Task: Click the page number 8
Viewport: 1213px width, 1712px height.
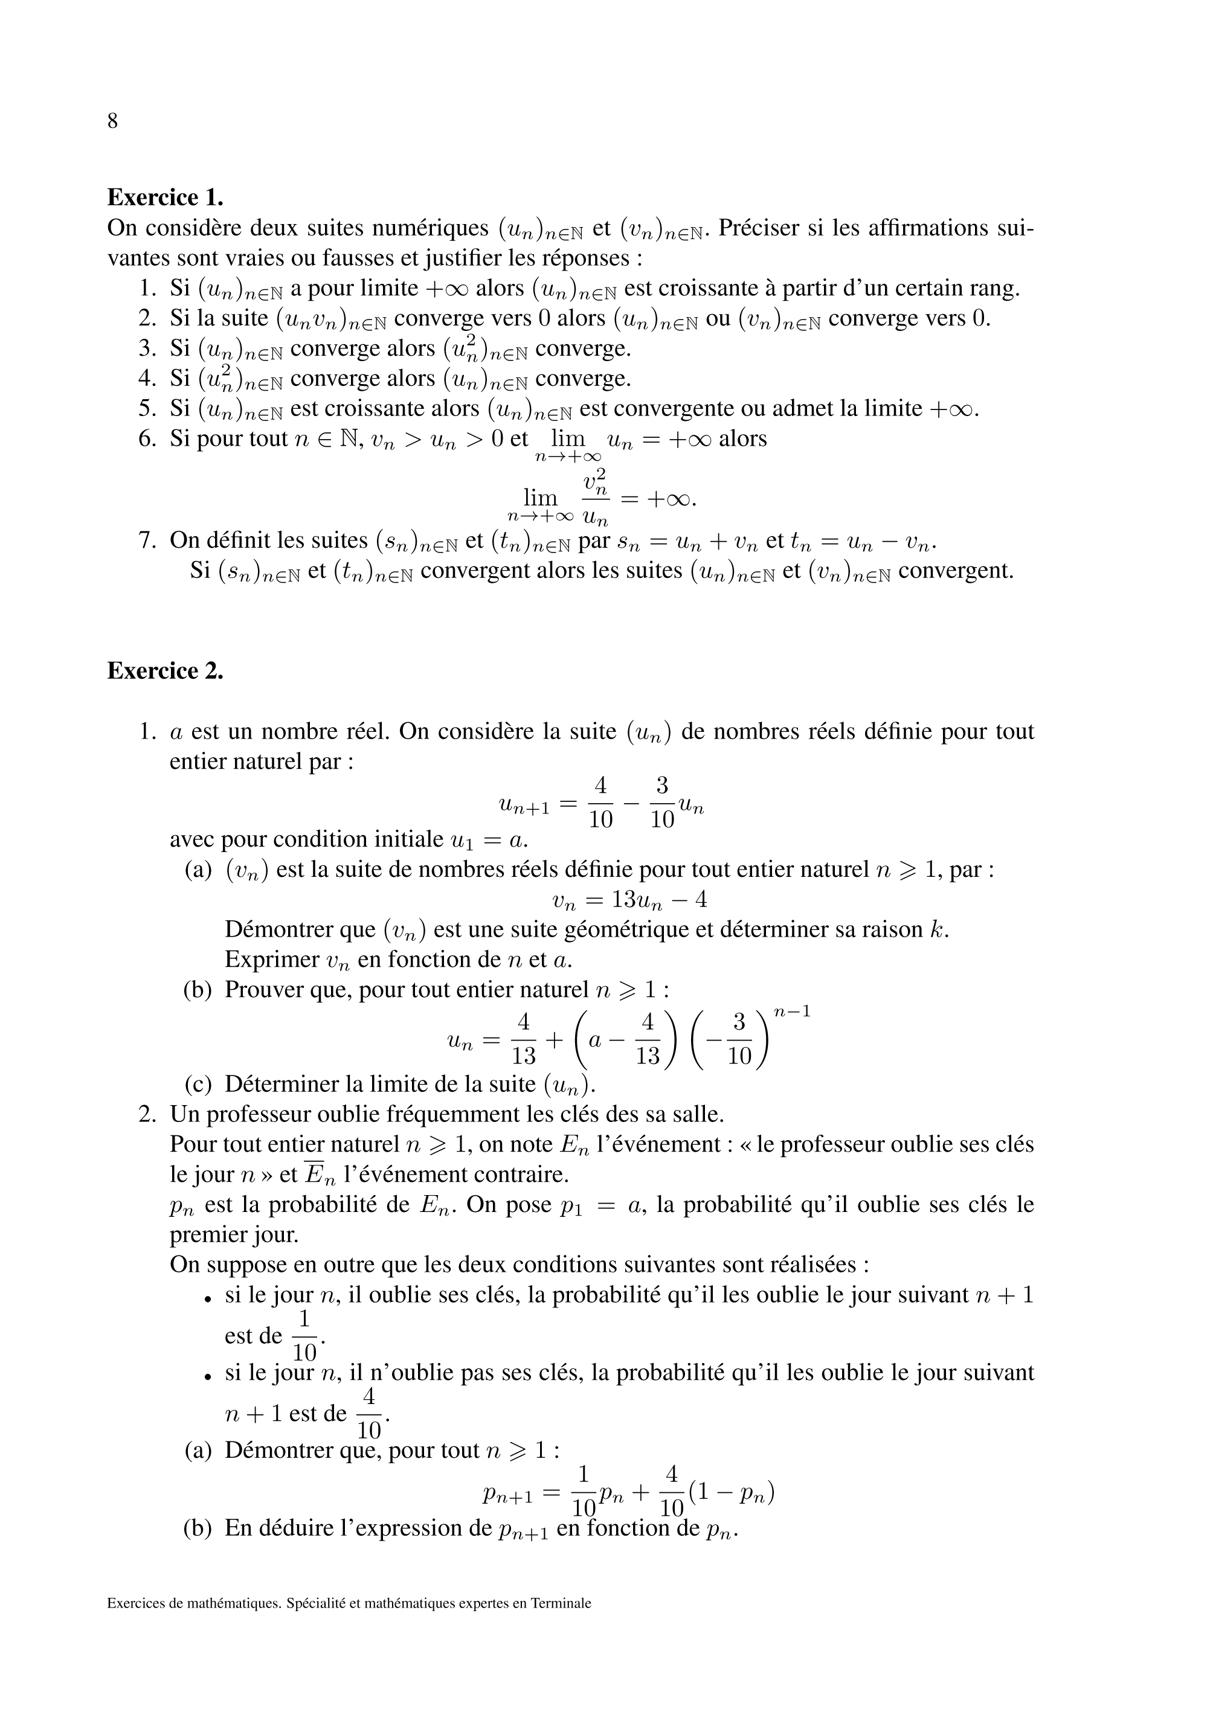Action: point(113,121)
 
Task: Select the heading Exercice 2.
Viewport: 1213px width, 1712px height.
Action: point(165,670)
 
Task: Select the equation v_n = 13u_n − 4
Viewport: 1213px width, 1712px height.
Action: point(629,900)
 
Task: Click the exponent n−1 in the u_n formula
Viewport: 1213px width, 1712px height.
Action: point(792,1013)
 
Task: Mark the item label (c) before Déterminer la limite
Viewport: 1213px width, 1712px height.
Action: point(198,1083)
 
